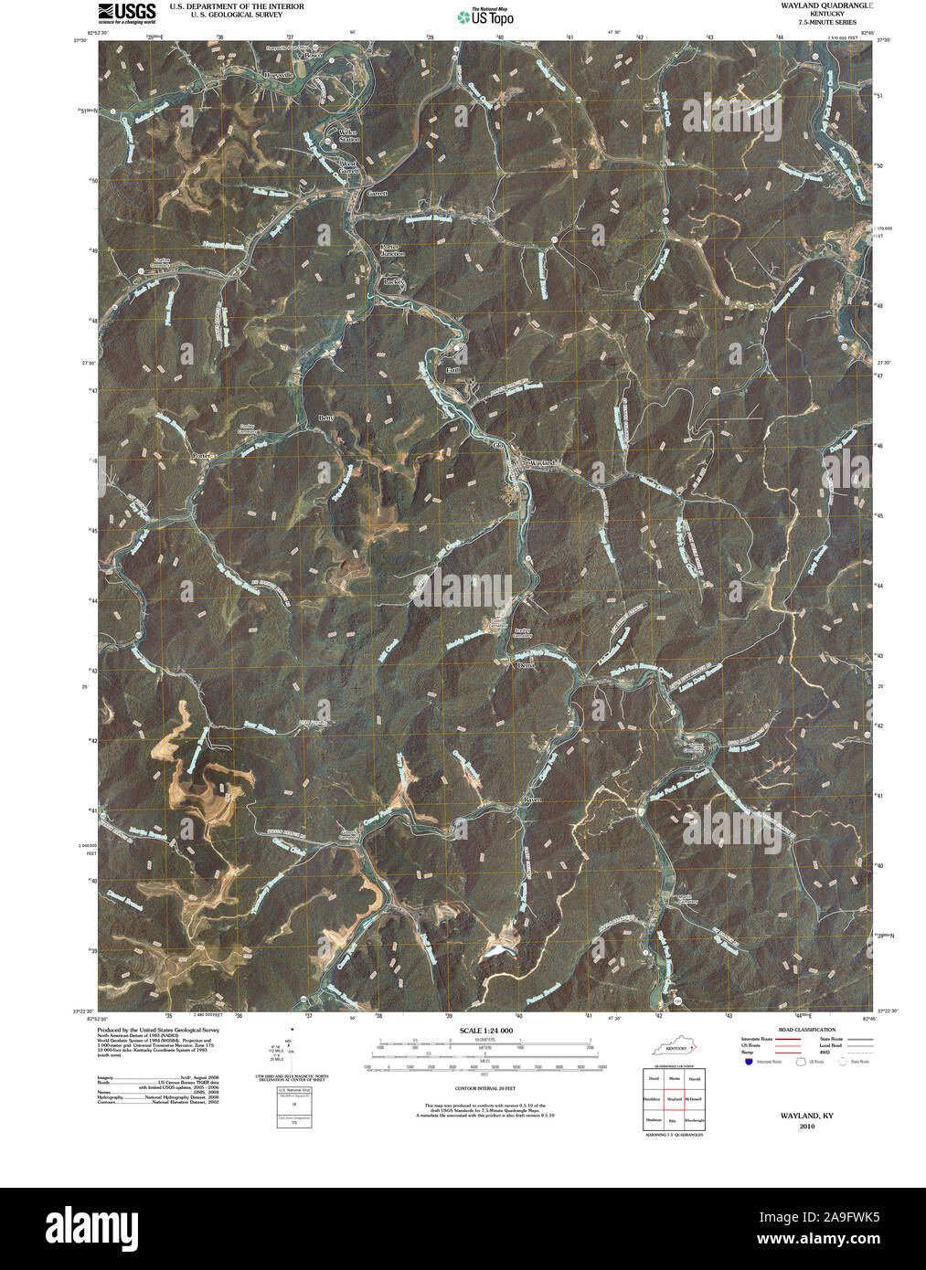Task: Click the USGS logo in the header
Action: tap(126, 12)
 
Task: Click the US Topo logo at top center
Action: tap(488, 16)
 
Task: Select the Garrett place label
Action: tap(377, 194)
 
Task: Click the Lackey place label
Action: tap(394, 282)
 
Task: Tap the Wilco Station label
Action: tap(349, 136)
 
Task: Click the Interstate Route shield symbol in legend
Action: tap(749, 1062)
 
